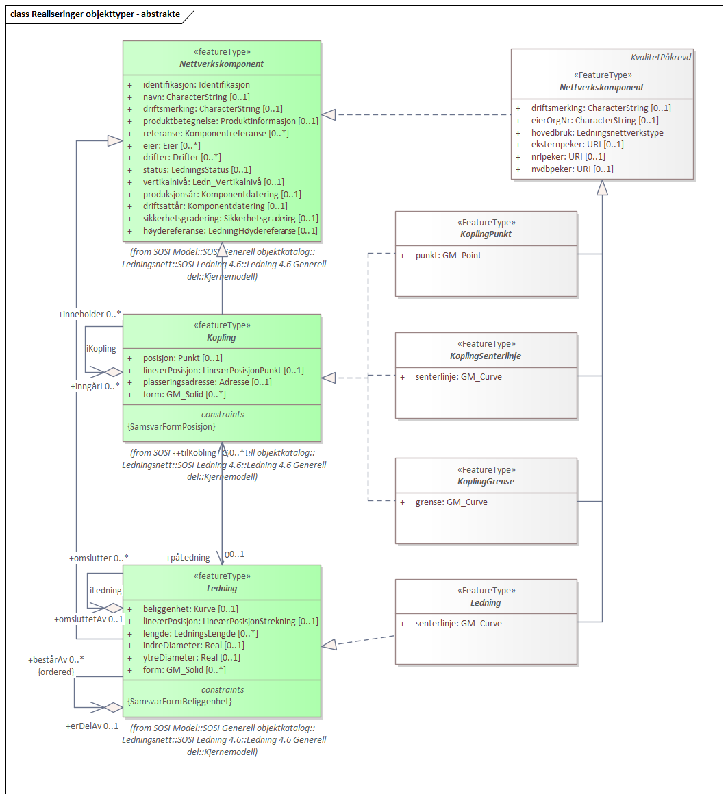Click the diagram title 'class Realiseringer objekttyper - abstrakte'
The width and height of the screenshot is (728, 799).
[95, 14]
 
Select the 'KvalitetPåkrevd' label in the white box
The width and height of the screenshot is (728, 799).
[661, 58]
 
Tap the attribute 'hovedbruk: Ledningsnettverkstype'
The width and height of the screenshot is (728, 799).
[597, 132]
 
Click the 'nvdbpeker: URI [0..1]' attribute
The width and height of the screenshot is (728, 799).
[572, 169]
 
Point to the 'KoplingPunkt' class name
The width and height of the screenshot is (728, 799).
[486, 234]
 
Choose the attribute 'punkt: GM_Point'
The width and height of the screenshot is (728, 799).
[448, 256]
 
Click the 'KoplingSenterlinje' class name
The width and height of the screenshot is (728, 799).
[486, 356]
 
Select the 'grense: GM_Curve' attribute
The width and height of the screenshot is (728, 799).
[451, 502]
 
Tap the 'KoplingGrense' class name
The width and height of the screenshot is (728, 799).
[486, 482]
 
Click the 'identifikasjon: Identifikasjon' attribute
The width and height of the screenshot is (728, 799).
[196, 85]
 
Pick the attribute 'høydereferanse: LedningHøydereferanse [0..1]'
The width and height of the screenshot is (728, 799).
[230, 230]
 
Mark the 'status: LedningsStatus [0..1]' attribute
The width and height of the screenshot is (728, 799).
[197, 169]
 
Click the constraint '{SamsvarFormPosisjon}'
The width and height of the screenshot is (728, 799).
[171, 427]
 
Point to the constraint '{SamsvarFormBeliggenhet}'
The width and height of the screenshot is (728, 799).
[179, 702]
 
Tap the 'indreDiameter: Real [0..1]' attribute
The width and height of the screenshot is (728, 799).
[193, 646]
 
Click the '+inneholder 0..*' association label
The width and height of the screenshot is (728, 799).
[89, 314]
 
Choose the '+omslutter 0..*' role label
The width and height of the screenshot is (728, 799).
[99, 558]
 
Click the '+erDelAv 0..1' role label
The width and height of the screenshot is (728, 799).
[92, 726]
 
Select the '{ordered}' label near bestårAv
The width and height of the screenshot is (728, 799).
[56, 672]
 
